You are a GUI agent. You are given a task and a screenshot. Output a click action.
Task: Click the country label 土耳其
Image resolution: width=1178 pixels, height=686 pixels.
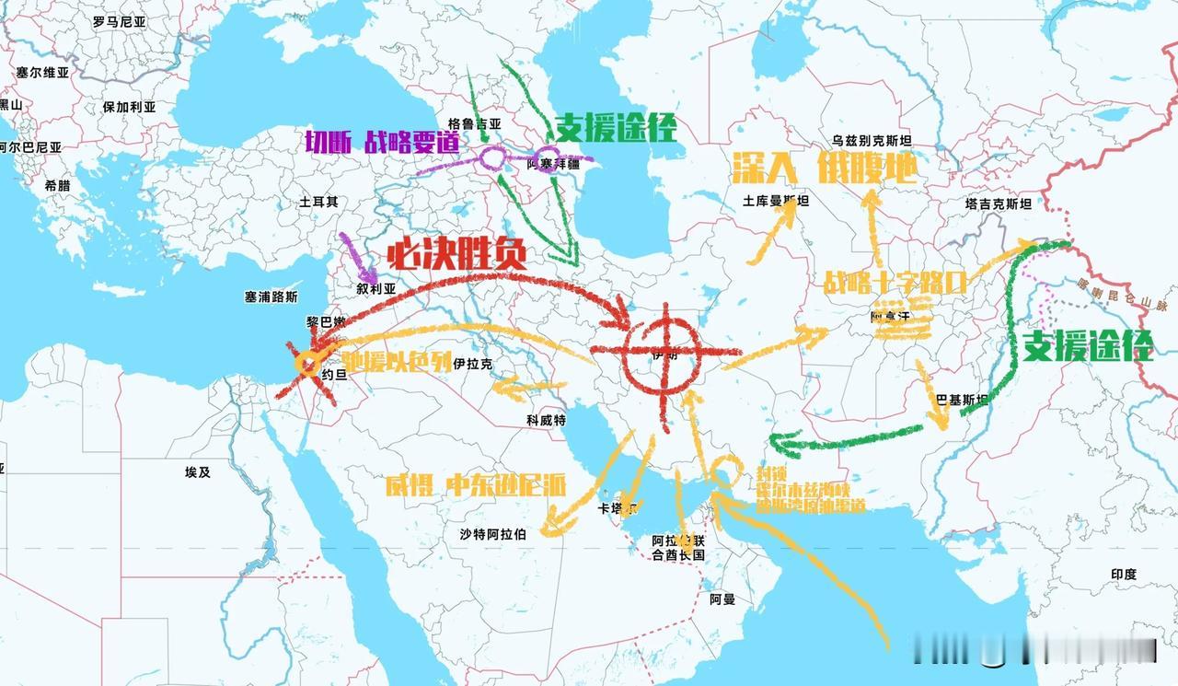318,202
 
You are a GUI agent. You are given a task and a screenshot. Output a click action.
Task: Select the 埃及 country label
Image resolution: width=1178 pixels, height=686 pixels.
198,472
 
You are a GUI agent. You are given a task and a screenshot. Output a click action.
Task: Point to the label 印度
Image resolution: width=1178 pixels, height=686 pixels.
1123,575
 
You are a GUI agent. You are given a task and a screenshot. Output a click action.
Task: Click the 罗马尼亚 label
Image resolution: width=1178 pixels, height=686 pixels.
119,19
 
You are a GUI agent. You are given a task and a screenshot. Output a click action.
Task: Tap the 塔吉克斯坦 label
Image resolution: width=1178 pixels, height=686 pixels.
999,203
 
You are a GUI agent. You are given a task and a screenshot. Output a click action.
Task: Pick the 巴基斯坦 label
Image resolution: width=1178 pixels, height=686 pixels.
961,401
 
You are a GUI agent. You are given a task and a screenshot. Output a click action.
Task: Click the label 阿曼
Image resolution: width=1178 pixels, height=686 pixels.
722,599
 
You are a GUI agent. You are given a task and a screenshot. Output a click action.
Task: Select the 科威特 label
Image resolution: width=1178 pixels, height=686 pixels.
546,420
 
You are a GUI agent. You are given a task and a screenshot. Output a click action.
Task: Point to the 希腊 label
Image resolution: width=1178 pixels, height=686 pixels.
57,185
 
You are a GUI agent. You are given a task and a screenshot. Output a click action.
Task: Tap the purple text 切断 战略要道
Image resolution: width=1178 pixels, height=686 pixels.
383,142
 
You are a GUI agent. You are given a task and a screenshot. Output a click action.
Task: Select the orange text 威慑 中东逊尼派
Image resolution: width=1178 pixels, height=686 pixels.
476,485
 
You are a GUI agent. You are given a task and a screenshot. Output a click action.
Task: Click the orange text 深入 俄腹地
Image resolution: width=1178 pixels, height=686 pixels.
824,169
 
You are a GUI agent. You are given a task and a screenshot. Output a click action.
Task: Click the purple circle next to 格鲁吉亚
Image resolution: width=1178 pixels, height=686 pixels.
491,158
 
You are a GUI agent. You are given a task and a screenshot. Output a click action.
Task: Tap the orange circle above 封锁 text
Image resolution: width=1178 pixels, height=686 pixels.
724,471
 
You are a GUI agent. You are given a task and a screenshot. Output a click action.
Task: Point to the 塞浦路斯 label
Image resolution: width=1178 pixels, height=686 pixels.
271,297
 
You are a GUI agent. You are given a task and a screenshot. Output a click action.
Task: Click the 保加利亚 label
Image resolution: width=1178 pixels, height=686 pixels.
129,107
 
